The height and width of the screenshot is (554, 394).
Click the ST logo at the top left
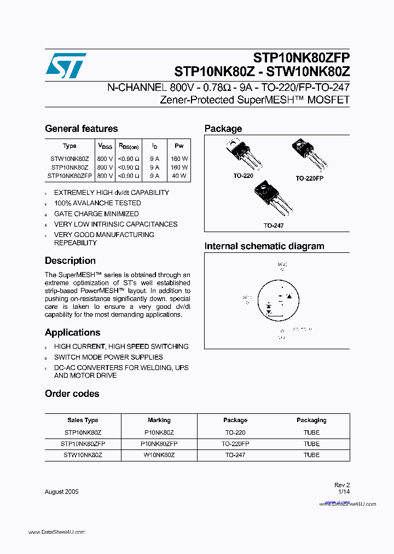[x=66, y=66]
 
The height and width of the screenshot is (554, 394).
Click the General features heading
[x=81, y=129]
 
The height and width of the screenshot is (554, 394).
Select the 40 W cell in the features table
[x=179, y=176]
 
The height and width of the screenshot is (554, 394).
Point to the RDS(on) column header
[x=129, y=146]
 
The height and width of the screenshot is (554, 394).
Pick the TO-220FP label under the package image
[x=309, y=178]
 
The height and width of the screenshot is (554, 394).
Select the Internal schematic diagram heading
[x=264, y=246]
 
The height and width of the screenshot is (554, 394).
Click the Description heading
[x=70, y=261]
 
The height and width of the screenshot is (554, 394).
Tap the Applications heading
[x=72, y=332]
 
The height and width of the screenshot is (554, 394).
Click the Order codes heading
[x=72, y=394]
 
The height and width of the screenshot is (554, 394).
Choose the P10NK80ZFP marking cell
[x=159, y=443]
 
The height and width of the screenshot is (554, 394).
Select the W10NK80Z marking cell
[x=159, y=455]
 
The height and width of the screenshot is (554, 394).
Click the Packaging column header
[x=311, y=420]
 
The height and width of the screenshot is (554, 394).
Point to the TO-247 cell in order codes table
[x=235, y=455]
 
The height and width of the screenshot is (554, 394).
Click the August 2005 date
[x=61, y=492]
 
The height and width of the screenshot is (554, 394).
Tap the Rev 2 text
[x=341, y=485]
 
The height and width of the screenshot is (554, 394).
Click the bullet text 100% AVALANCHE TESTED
[x=97, y=203]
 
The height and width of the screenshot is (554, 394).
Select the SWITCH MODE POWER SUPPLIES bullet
[x=108, y=357]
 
